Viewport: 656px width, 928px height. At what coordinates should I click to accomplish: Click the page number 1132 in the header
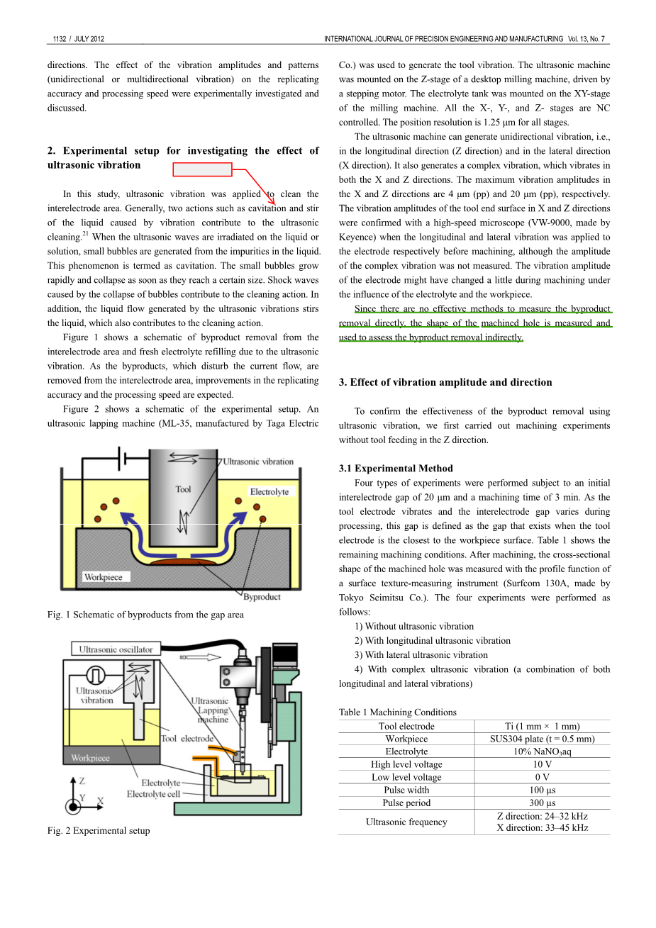coord(60,39)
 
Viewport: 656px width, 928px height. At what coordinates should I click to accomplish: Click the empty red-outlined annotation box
coord(203,169)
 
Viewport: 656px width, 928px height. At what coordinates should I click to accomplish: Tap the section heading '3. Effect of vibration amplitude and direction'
coord(445,382)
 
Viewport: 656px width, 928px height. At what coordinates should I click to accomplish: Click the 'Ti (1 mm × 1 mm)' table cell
coord(543,726)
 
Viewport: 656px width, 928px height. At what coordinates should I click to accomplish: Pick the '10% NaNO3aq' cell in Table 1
coord(543,751)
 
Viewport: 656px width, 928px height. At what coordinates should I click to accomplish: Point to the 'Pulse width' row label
coord(406,790)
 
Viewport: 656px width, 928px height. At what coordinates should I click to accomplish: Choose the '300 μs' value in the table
coord(543,803)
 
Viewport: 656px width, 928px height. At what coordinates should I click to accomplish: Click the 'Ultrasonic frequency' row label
coord(406,822)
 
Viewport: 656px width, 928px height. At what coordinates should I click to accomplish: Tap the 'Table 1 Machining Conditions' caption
coord(397,712)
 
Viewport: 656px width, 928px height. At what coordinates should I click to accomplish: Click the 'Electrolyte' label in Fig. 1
coord(269,491)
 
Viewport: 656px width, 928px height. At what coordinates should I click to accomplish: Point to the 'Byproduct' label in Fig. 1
coord(262,597)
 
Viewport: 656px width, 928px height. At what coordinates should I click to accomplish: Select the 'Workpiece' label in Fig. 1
coord(104,577)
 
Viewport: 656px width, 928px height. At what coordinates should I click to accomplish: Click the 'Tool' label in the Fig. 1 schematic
coord(183,489)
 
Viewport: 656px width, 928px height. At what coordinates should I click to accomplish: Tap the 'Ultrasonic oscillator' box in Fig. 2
coord(116,649)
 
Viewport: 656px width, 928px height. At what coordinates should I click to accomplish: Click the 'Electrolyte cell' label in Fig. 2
coord(153,794)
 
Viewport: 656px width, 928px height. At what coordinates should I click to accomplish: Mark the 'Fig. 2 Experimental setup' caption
coord(99,831)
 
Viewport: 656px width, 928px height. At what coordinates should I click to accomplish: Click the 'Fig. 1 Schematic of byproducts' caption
coord(145,615)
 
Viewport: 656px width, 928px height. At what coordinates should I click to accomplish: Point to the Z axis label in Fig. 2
coord(82,781)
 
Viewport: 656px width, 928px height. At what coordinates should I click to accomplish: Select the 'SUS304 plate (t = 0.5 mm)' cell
coord(543,739)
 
